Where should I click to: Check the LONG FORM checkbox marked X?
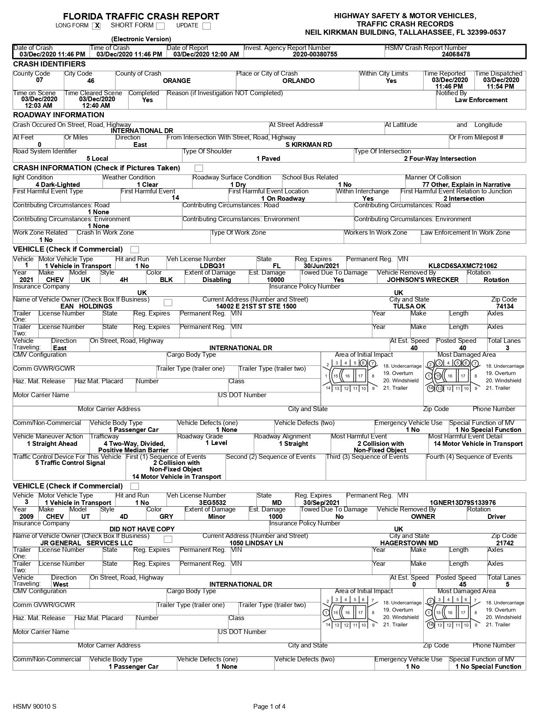point(96,26)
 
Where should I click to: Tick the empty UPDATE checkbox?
point(206,26)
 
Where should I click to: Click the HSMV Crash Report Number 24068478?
point(455,54)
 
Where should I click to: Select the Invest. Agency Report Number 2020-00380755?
point(309,54)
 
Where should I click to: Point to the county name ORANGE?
point(176,81)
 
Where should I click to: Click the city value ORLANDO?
point(298,81)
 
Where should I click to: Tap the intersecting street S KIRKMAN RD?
point(309,145)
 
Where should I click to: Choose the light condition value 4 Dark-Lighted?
point(58,185)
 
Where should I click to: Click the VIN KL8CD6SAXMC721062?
point(462,266)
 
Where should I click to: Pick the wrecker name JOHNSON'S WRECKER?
point(422,280)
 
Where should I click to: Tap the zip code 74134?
point(504,306)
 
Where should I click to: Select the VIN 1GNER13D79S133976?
point(462,503)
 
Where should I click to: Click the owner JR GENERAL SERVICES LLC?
point(86,543)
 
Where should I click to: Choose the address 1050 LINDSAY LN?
point(256,543)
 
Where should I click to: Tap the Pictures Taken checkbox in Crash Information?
point(199,168)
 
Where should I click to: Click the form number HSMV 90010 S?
point(35,706)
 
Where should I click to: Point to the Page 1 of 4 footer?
point(269,706)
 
